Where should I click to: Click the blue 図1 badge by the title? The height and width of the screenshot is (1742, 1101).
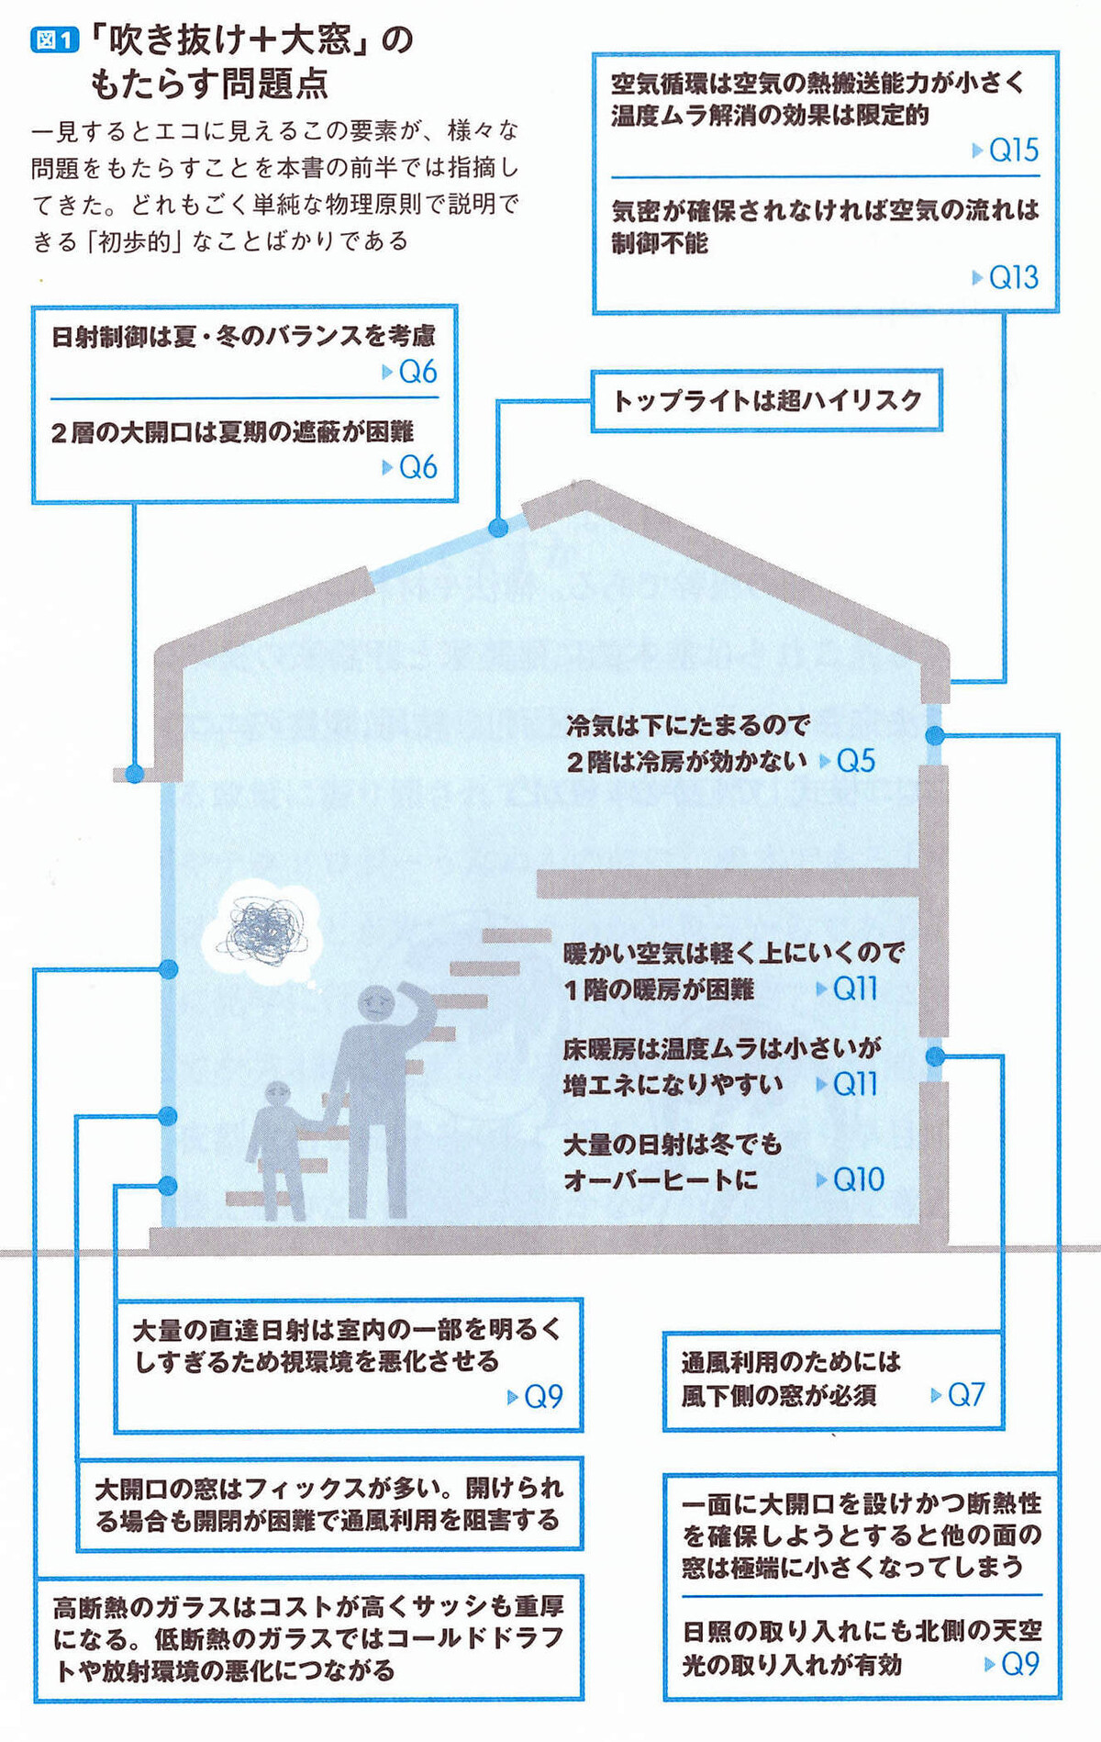pyautogui.click(x=54, y=40)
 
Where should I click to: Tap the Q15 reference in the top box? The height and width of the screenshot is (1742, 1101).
pyautogui.click(x=1013, y=150)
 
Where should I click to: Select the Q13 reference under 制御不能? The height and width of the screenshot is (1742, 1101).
pyautogui.click(x=1013, y=277)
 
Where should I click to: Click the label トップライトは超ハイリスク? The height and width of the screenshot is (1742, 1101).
pyautogui.click(x=766, y=400)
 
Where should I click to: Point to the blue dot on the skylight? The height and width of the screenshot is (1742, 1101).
pyautogui.click(x=498, y=528)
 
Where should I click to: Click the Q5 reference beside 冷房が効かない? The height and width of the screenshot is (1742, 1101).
pyautogui.click(x=855, y=761)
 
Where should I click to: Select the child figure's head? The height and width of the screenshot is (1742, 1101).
pyautogui.click(x=277, y=1095)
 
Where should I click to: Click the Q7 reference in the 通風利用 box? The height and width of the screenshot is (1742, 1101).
pyautogui.click(x=965, y=1395)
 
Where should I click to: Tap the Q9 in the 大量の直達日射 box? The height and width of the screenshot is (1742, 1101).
pyautogui.click(x=542, y=1396)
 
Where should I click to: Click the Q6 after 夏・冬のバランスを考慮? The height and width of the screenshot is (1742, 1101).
pyautogui.click(x=417, y=372)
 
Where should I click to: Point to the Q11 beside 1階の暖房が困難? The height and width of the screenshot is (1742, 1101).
pyautogui.click(x=855, y=988)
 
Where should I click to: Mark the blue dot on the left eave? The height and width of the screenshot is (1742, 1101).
pyautogui.click(x=134, y=773)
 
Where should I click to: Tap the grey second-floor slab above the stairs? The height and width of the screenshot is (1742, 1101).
pyautogui.click(x=725, y=883)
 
